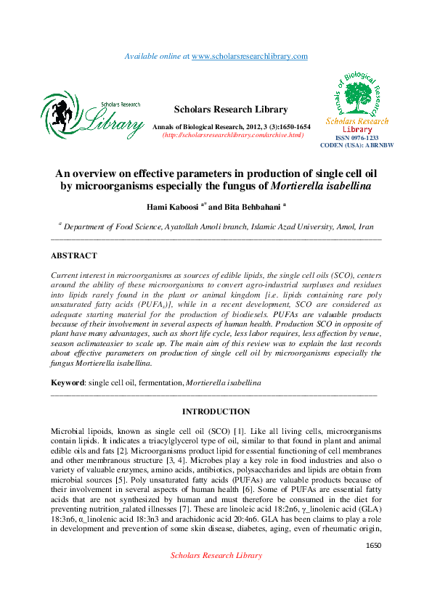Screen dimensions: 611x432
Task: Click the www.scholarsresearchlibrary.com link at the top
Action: pyautogui.click(x=250, y=56)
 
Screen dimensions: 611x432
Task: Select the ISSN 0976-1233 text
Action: pyautogui.click(x=356, y=138)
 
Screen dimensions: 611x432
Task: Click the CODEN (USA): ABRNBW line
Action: pyautogui.click(x=356, y=145)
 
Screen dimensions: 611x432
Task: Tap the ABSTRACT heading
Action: pyautogui.click(x=73, y=255)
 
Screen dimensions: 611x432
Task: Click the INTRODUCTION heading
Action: pyautogui.click(x=216, y=411)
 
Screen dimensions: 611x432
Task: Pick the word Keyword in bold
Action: pyautogui.click(x=68, y=382)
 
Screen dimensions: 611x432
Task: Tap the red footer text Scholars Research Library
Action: pyautogui.click(x=216, y=575)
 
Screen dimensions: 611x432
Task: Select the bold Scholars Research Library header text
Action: pyautogui.click(x=232, y=110)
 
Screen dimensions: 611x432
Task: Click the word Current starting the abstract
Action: pyautogui.click(x=65, y=276)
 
